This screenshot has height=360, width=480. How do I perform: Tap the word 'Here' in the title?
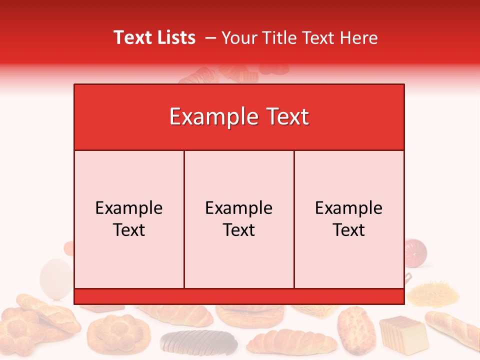pyautogui.click(x=358, y=37)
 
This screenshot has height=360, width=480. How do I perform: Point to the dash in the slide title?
pyautogui.click(x=210, y=37)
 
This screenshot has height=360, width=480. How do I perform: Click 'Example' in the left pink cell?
pyautogui.click(x=129, y=208)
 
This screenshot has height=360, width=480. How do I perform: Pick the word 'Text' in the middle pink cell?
pyautogui.click(x=239, y=230)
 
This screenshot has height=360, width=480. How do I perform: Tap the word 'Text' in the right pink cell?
pyautogui.click(x=349, y=230)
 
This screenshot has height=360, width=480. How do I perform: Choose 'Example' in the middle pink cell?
pyautogui.click(x=239, y=208)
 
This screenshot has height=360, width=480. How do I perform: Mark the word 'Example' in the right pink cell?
pyautogui.click(x=349, y=208)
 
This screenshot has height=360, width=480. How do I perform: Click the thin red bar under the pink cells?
pyautogui.click(x=239, y=296)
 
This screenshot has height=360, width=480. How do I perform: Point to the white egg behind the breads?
pyautogui.click(x=55, y=277)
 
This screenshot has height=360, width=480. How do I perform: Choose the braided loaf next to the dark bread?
pyautogui.click(x=292, y=342)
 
